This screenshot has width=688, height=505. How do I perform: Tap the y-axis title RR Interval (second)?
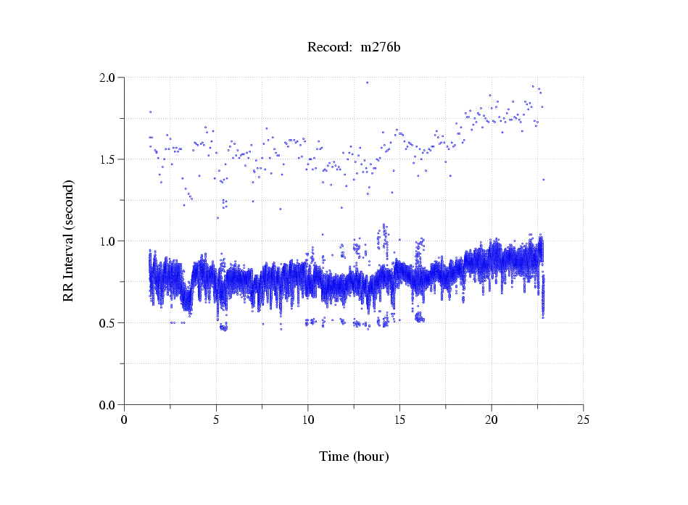point(69,241)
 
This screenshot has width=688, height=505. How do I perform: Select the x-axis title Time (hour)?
point(354,456)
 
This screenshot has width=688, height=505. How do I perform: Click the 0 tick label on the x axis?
point(125,420)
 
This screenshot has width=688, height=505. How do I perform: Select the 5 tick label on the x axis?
point(216,420)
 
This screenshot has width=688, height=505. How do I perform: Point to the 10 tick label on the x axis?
point(308,420)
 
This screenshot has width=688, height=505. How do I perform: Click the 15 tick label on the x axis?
point(399,420)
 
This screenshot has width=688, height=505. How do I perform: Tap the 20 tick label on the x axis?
point(492,420)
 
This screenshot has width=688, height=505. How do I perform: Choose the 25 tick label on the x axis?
point(583,420)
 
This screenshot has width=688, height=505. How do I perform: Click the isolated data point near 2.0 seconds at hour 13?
point(367,83)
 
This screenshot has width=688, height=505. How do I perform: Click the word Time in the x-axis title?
point(335,456)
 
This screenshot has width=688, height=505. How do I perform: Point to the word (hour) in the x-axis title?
point(371,456)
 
